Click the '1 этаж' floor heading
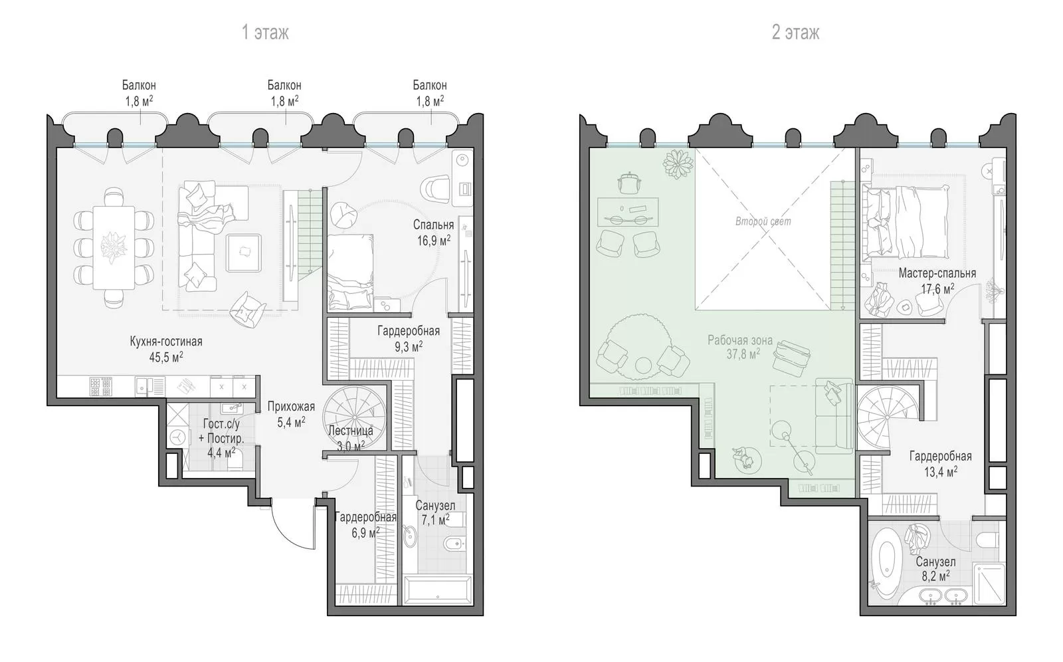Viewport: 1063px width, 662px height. (x=265, y=33)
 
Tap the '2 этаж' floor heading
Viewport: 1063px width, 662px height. (x=795, y=33)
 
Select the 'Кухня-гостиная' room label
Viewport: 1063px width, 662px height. (x=166, y=342)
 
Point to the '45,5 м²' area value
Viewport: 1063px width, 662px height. (x=166, y=357)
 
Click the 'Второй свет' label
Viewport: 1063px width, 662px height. (x=763, y=221)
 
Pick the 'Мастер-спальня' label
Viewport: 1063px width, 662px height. (x=937, y=274)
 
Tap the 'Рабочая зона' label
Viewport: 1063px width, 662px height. (x=741, y=340)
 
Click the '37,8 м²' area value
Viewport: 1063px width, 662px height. (x=743, y=354)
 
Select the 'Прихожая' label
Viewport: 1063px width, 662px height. (x=291, y=407)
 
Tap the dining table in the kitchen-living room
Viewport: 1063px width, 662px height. (x=114, y=247)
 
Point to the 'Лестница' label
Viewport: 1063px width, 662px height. (x=351, y=431)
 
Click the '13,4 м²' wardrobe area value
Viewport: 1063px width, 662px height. (x=940, y=472)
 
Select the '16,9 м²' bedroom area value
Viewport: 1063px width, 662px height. (x=434, y=241)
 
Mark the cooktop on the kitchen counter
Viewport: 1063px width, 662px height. (x=100, y=387)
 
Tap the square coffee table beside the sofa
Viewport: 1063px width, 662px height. (x=243, y=253)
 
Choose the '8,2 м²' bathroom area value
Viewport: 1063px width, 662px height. (x=936, y=576)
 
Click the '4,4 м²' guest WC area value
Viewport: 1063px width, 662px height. (x=221, y=453)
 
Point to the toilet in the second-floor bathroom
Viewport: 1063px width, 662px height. (x=988, y=540)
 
